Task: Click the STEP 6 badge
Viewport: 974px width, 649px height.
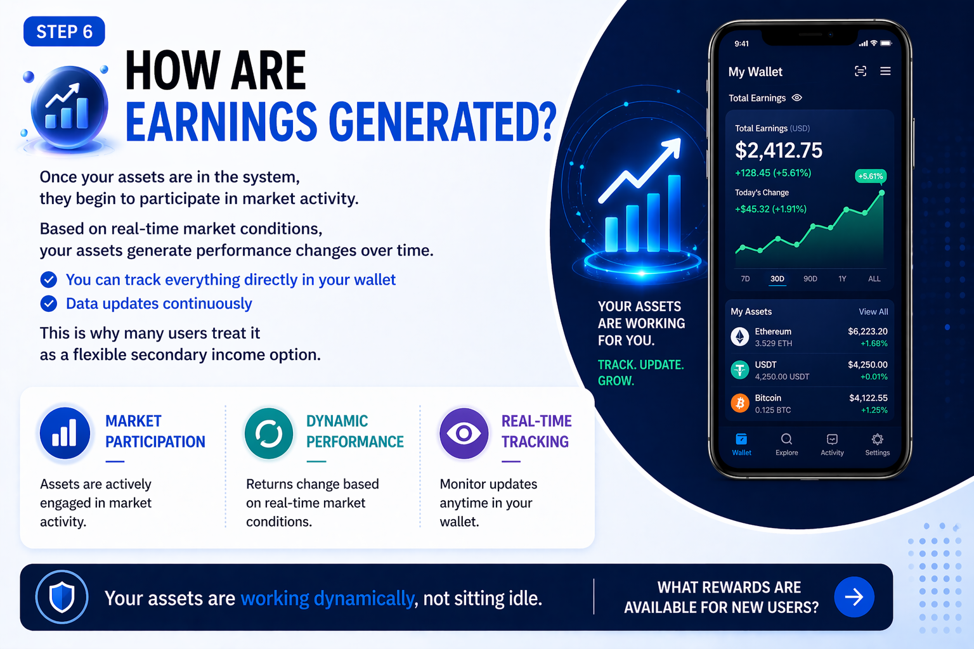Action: point(64,31)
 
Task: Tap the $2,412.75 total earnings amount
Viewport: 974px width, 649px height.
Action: point(778,150)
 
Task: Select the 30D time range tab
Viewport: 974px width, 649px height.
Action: point(777,279)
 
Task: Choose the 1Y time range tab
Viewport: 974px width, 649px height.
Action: point(842,279)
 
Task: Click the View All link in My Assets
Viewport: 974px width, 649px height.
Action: point(873,312)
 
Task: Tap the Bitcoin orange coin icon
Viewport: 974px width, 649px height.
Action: point(739,403)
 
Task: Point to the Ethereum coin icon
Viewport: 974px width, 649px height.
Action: point(739,337)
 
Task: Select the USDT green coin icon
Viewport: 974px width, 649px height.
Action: point(739,370)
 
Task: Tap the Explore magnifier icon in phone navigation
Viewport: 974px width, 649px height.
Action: point(786,439)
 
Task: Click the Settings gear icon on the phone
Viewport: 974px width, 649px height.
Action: point(878,439)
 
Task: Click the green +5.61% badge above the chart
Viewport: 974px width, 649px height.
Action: point(871,176)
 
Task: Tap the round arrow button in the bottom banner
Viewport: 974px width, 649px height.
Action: point(854,597)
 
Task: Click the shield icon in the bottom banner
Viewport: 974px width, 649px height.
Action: point(62,597)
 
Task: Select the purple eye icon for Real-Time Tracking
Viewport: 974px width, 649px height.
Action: point(464,433)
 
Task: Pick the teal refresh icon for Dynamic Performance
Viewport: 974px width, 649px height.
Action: point(269,433)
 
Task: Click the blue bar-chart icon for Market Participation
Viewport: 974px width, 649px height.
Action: point(65,433)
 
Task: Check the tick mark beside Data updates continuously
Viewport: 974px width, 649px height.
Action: point(49,304)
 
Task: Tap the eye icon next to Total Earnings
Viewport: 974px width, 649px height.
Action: point(796,98)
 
